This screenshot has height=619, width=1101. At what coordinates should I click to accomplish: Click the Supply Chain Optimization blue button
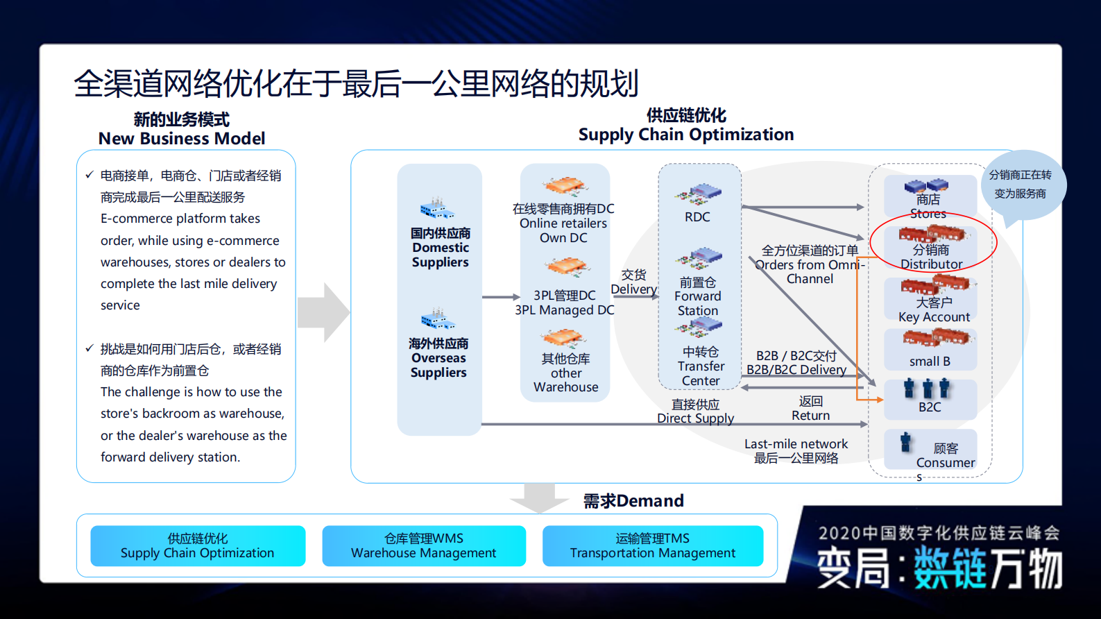pos(198,546)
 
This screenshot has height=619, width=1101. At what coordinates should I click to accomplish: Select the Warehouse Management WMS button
pos(424,546)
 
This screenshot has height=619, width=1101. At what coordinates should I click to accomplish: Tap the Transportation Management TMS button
pos(652,546)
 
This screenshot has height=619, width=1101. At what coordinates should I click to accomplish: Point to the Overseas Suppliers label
pos(438,358)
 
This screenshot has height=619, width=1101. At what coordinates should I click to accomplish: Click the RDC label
pos(697,217)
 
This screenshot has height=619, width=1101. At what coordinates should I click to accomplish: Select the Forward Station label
pos(698,297)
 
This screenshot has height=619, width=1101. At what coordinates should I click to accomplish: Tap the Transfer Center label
pos(701,366)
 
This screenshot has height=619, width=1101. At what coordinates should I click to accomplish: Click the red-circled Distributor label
pos(931,257)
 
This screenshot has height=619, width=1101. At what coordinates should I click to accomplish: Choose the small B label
pos(930,362)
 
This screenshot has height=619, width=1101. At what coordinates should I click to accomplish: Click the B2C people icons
pos(927,389)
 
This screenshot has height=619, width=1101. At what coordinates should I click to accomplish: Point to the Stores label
pos(928,207)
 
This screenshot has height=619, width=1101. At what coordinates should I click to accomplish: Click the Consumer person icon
pos(905,443)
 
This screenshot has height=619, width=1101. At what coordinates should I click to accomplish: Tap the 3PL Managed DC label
pos(564,303)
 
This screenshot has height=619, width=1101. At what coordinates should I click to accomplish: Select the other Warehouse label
pos(566,373)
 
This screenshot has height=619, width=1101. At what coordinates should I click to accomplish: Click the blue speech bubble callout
pos(1021,185)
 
